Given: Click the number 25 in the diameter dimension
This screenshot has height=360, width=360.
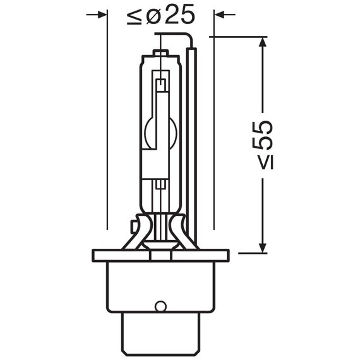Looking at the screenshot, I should [x=179, y=15].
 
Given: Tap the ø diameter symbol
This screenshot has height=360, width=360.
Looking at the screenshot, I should [x=154, y=15].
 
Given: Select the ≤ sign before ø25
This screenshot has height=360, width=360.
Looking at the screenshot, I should [x=135, y=16].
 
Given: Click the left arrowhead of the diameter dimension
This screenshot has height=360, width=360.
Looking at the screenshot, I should [x=102, y=14].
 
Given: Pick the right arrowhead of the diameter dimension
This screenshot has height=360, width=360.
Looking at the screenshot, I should [x=220, y=14].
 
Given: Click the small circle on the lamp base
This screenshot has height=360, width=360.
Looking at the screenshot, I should [x=160, y=307].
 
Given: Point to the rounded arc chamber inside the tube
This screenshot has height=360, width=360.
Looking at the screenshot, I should [x=160, y=131].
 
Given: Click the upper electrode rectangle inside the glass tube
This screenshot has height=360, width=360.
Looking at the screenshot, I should [x=162, y=84].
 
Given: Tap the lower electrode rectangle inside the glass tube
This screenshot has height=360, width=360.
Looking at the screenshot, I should [x=162, y=184].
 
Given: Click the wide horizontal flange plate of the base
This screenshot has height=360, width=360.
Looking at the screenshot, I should [x=160, y=255].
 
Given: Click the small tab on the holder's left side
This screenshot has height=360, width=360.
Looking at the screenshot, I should [x=134, y=224].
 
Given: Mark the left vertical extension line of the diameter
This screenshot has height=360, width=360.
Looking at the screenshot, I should [x=108, y=126].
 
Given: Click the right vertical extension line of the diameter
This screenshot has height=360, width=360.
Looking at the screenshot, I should [x=215, y=126].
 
